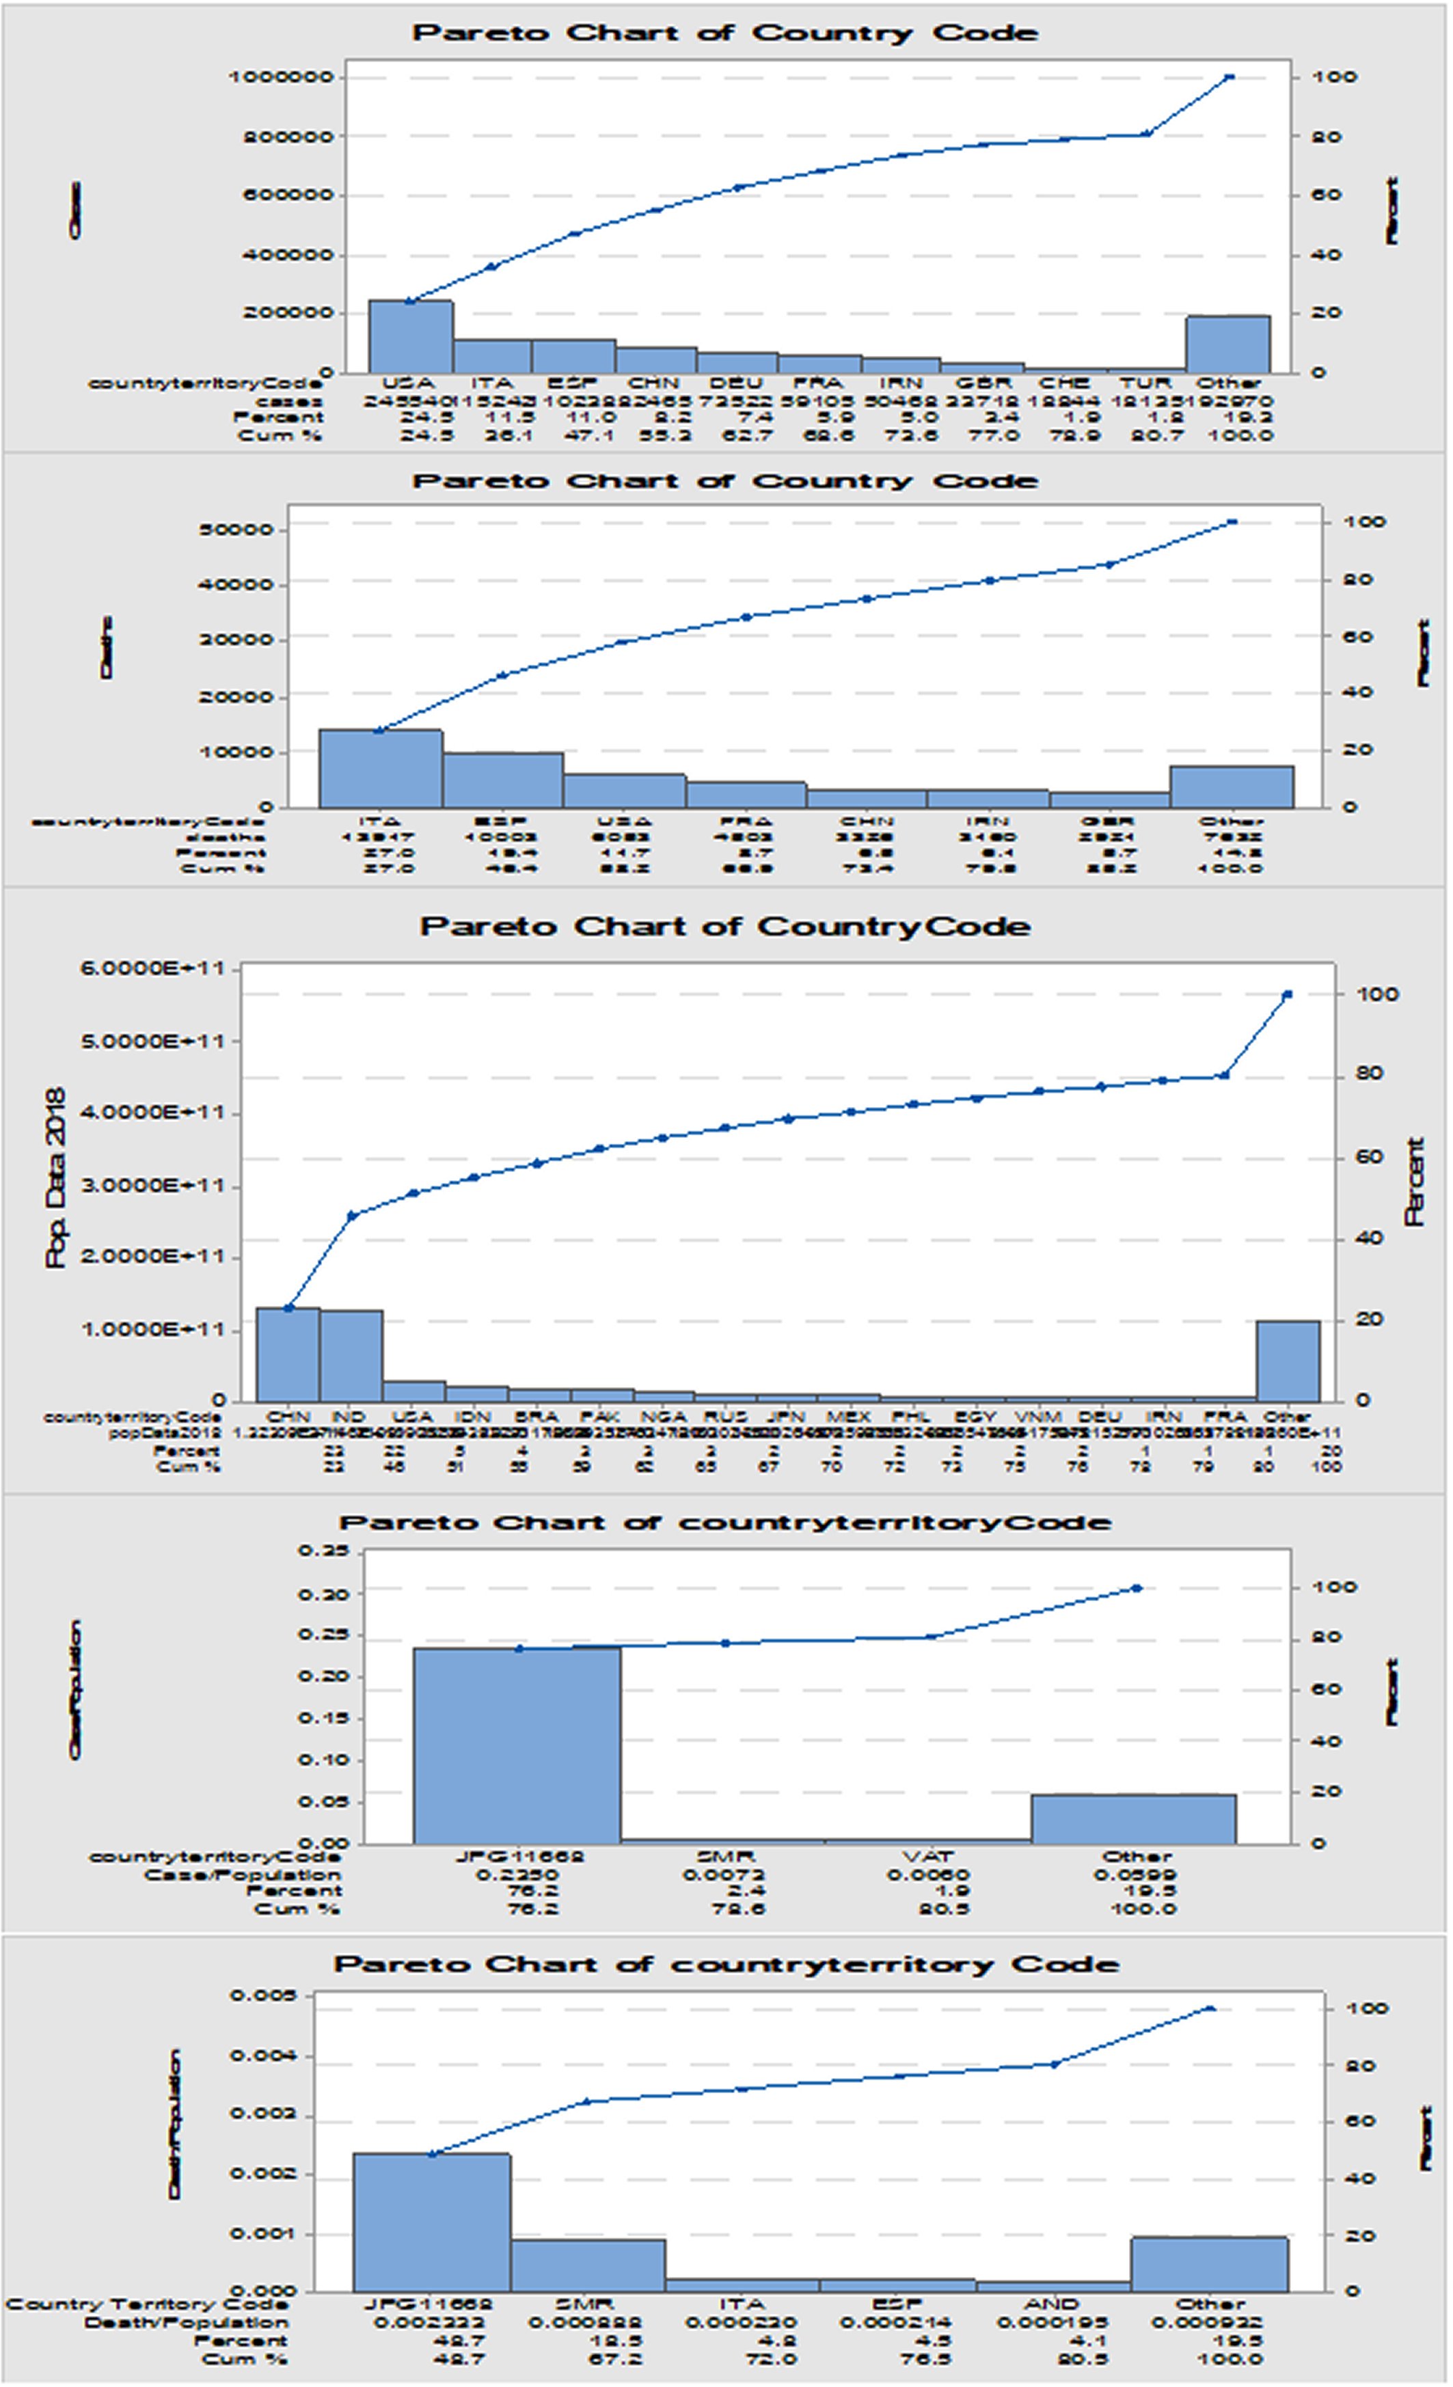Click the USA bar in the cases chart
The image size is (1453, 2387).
click(410, 336)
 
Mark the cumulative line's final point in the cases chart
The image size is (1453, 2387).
click(1230, 77)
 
